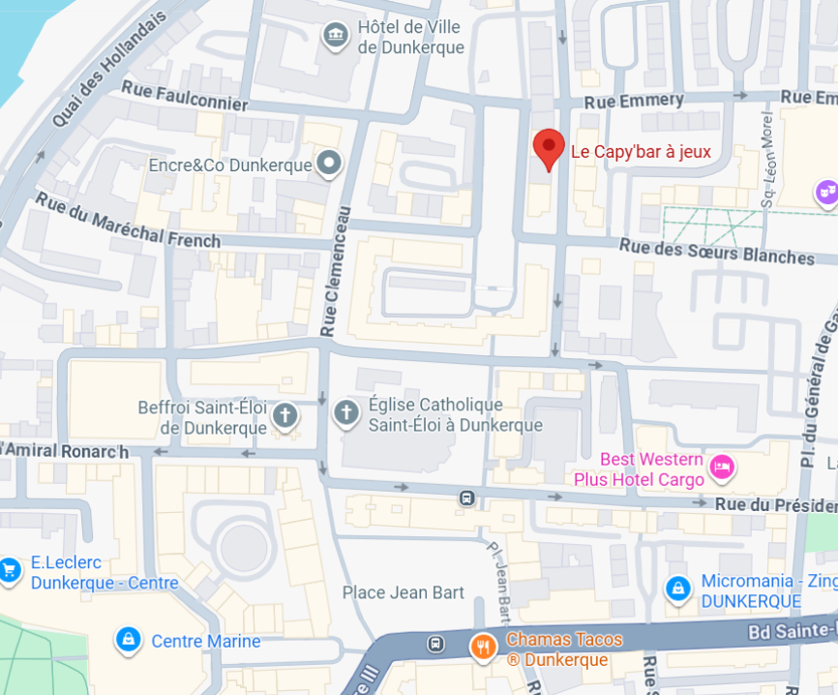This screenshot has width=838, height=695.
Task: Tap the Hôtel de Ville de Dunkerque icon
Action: coord(335,36)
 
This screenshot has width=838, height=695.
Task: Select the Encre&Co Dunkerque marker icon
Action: coord(330,164)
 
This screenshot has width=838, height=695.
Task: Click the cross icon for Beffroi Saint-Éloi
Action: coord(284,416)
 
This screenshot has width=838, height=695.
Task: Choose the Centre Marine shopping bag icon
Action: coord(127,640)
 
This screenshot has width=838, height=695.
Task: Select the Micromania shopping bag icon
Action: coord(677,589)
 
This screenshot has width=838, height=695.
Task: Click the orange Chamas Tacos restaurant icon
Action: coord(481,647)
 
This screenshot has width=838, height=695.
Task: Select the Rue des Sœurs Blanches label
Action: coord(717,252)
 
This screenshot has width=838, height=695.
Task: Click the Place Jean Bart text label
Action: coord(404,592)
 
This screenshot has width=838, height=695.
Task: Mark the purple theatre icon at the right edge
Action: coord(825,193)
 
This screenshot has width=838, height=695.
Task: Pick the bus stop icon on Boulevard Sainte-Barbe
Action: coord(436,643)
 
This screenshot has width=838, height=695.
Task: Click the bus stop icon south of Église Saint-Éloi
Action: coord(467,498)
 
